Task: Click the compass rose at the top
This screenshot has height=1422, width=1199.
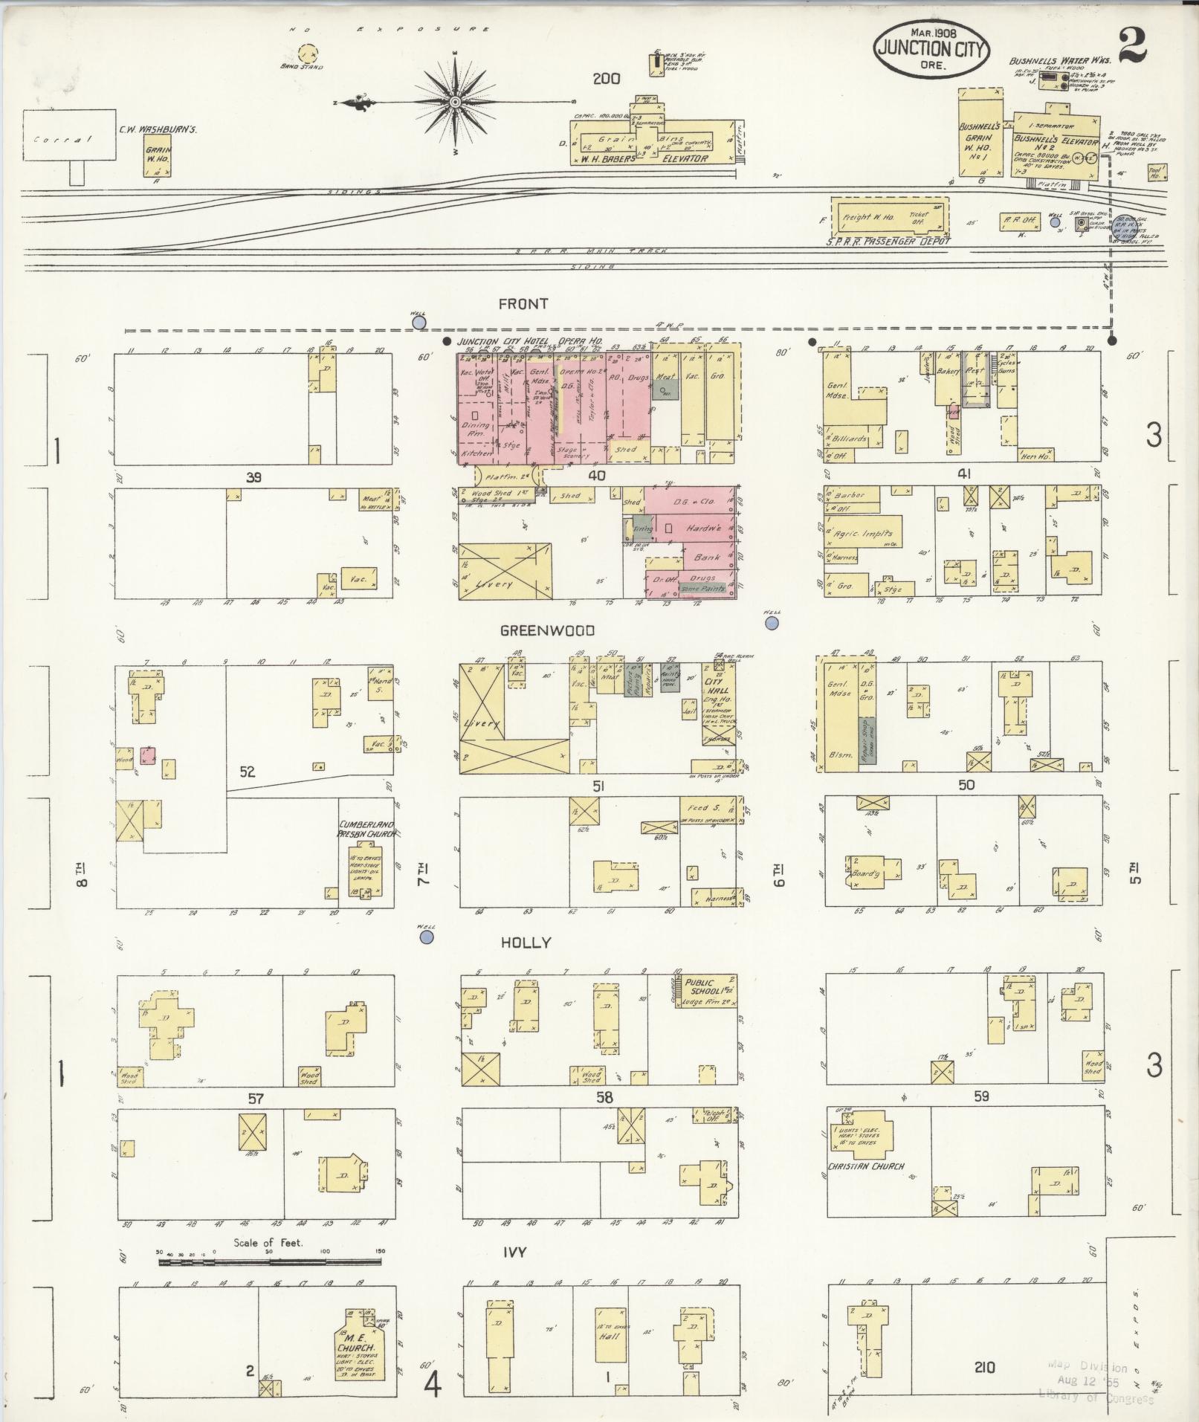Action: tap(455, 102)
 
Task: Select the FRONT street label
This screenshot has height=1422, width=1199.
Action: tap(523, 303)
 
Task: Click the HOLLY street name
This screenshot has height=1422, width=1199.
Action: tap(526, 943)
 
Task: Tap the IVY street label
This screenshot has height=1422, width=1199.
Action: tap(514, 1252)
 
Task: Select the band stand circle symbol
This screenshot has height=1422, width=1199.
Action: tap(308, 54)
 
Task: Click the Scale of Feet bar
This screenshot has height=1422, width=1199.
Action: tap(269, 1261)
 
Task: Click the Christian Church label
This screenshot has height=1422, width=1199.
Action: tap(866, 1166)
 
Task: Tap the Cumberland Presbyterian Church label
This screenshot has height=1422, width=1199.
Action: tap(365, 830)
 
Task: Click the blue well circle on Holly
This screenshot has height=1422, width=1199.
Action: tap(427, 938)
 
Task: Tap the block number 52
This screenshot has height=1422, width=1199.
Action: tap(247, 772)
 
